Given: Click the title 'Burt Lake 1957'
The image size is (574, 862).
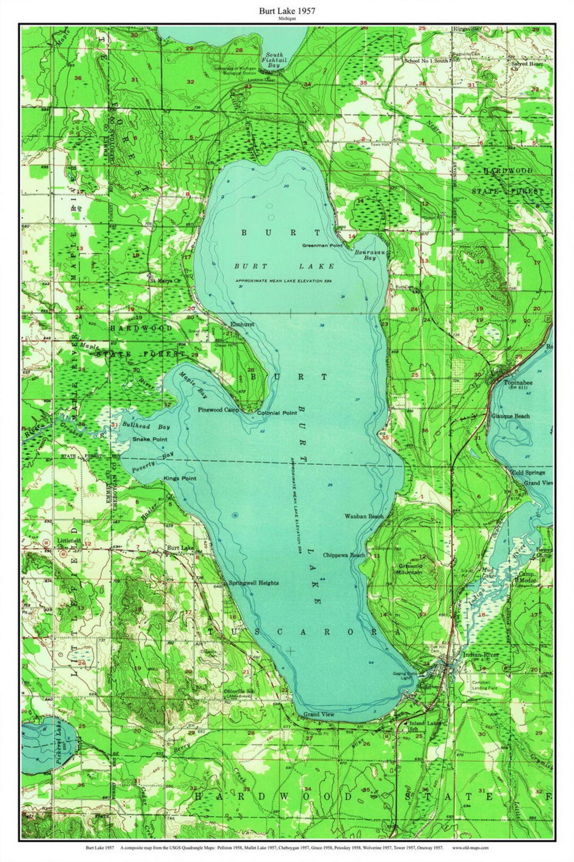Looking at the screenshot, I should [x=287, y=10].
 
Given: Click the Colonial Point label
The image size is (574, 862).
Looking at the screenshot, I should [x=277, y=413].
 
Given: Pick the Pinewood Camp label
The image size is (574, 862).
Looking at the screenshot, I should [x=218, y=410].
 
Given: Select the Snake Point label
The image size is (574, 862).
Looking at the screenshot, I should [x=150, y=439].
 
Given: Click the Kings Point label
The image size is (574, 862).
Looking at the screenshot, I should [x=180, y=479].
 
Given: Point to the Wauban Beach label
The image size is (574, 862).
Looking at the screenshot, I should [x=364, y=516].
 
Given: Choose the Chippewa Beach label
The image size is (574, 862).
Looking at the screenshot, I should [x=344, y=555].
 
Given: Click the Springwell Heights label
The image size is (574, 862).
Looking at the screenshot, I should [x=254, y=583].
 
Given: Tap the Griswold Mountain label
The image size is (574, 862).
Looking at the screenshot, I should [x=410, y=569].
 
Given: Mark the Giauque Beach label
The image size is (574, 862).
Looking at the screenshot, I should [x=510, y=416].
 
